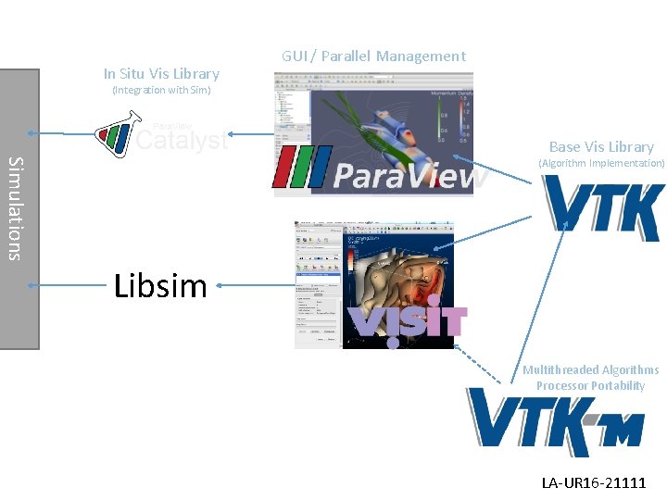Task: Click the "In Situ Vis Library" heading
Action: pos(161,73)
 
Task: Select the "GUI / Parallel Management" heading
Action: pos(373,56)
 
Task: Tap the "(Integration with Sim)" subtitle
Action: pos(161,91)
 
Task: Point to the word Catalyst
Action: pos(182,141)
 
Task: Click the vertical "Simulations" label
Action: pos(16,208)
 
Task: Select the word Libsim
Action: pos(160,286)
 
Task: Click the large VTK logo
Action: pos(603,209)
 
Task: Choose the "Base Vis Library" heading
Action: pos(601,146)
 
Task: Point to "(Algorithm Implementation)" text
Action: pos(601,163)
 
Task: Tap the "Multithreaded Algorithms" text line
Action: pos(590,370)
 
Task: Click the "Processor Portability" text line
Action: pos(590,386)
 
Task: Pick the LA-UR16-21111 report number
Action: pos(594,482)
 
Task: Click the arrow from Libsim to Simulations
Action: pos(69,286)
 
